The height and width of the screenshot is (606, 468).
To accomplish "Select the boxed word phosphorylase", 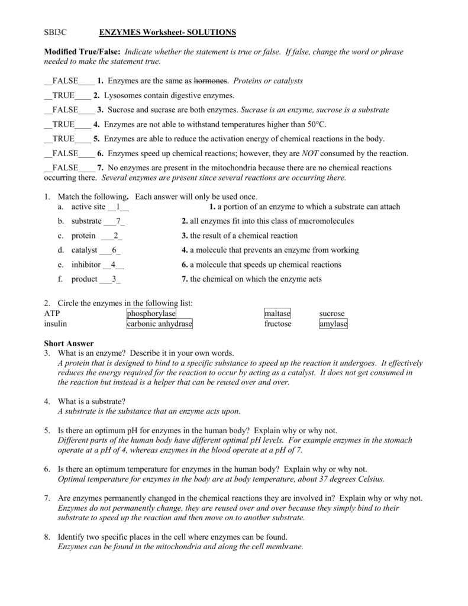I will click(x=151, y=314).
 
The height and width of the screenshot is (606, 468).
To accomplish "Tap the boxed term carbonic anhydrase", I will click(x=160, y=324).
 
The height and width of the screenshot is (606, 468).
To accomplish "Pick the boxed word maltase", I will click(x=277, y=314).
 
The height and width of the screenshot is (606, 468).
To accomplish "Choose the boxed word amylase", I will click(x=333, y=324).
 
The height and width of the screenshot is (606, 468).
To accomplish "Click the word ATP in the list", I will click(x=52, y=314).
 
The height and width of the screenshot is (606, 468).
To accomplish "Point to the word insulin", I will click(x=56, y=324).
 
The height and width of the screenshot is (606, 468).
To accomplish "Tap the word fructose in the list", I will click(x=277, y=324).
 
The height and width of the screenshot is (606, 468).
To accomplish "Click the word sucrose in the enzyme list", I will click(x=331, y=314).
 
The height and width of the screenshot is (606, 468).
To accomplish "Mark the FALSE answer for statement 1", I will click(x=65, y=80).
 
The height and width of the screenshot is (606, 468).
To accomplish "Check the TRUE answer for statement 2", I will click(x=63, y=95).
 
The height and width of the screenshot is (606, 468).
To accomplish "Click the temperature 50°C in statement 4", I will click(x=315, y=124).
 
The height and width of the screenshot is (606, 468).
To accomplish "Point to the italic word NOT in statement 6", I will click(x=311, y=153).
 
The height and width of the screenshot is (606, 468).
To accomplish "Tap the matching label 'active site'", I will click(x=88, y=207).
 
